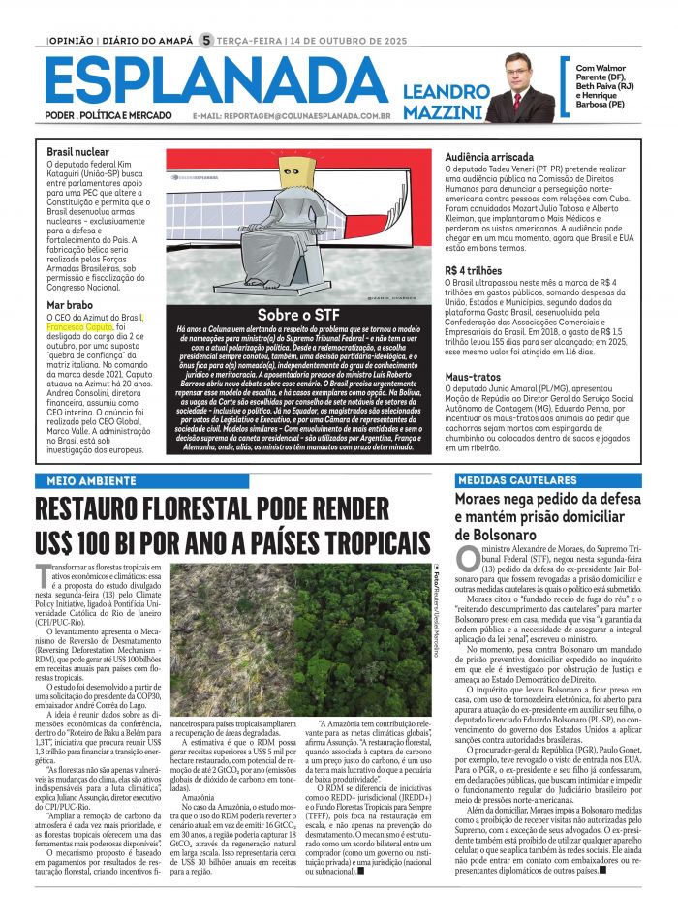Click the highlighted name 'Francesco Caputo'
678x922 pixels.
tap(80, 327)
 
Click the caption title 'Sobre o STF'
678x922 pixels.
tap(296, 316)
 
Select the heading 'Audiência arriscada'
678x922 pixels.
tap(488, 156)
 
